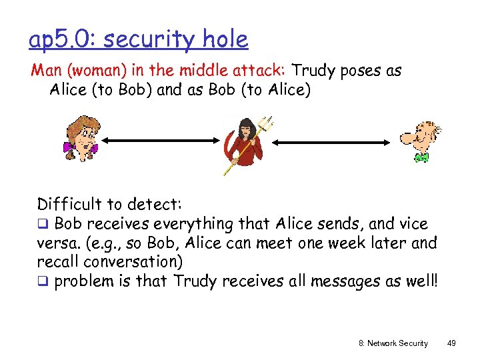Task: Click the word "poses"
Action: pyautogui.click(x=363, y=71)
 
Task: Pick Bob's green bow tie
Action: pyautogui.click(x=420, y=157)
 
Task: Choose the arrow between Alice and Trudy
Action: pyautogui.click(x=161, y=141)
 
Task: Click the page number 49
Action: pyautogui.click(x=452, y=343)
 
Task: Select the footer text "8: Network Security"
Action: pyautogui.click(x=393, y=343)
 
